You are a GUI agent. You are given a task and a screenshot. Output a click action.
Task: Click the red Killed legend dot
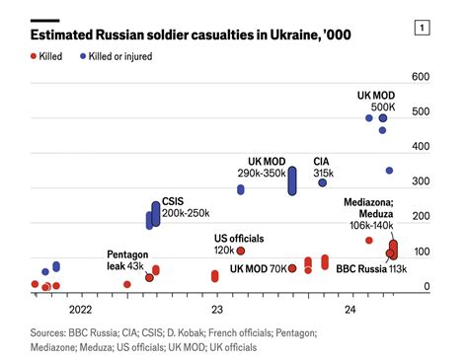pyautogui.click(x=36, y=56)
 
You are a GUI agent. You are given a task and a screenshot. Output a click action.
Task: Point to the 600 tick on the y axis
pyautogui.click(x=420, y=77)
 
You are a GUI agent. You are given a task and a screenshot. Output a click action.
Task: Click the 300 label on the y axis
pyautogui.click(x=420, y=181)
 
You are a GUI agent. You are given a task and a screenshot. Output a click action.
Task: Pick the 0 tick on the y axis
pyautogui.click(x=427, y=287)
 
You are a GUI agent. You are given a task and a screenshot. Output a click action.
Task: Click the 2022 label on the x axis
pyautogui.click(x=81, y=310)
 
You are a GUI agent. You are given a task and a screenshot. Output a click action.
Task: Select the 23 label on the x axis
pyautogui.click(x=215, y=310)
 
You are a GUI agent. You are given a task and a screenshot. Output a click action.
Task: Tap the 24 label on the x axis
pyautogui.click(x=351, y=310)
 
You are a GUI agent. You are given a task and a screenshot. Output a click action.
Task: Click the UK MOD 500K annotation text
pyautogui.click(x=375, y=101)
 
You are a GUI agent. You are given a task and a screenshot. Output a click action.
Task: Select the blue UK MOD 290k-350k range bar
pyautogui.click(x=292, y=180)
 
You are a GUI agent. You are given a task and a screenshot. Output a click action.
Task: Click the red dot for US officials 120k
pyautogui.click(x=241, y=252)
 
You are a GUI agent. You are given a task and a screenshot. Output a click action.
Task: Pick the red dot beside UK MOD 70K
pyautogui.click(x=292, y=268)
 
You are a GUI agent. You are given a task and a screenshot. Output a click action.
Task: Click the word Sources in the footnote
pyautogui.click(x=52, y=333)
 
